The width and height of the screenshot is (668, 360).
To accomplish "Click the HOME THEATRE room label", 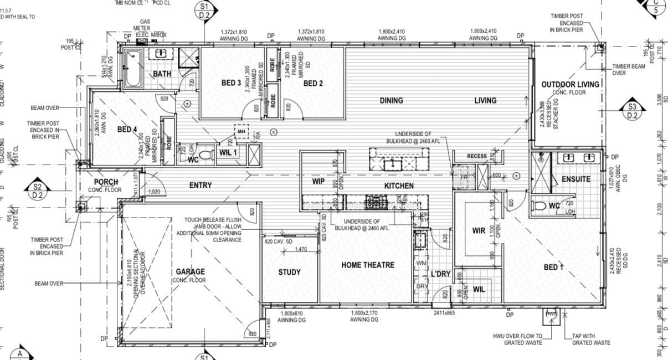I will (x=367, y=265).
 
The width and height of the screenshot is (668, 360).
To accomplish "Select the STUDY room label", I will (x=289, y=272).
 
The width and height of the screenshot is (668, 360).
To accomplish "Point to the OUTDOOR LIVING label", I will (x=570, y=84).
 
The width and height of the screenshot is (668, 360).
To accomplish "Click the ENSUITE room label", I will (x=576, y=179).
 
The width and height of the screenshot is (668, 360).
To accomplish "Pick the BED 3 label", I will (x=231, y=83).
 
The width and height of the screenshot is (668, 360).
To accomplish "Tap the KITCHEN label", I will (x=399, y=186).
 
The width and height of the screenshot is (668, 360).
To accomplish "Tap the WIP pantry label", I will (x=318, y=181).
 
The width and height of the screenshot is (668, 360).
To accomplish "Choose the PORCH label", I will (x=105, y=182).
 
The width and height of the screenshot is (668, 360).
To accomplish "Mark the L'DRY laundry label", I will (x=440, y=274).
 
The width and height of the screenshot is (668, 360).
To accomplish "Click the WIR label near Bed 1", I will (x=479, y=230).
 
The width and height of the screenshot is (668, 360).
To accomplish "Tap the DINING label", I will (x=391, y=100).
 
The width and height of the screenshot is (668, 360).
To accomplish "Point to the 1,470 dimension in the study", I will (x=301, y=250).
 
